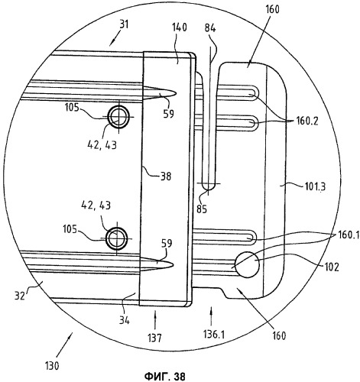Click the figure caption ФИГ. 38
pyautogui.click(x=165, y=376)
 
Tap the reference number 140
pyautogui.click(x=179, y=28)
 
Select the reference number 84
pyautogui.click(x=210, y=28)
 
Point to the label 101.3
pyautogui.click(x=315, y=187)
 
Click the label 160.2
pyautogui.click(x=306, y=121)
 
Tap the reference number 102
pyautogui.click(x=331, y=267)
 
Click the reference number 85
pyautogui.click(x=202, y=209)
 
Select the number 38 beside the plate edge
pyautogui.click(x=166, y=176)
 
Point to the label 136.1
pyautogui.click(x=214, y=335)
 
